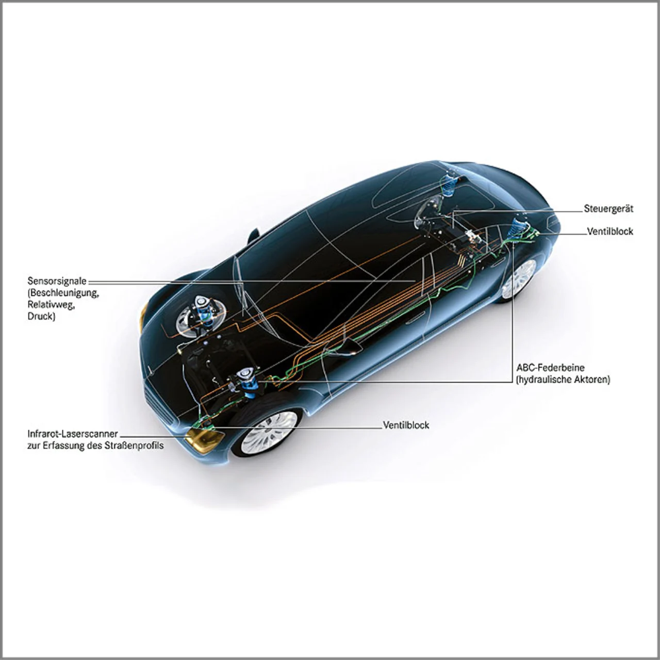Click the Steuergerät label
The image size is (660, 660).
(608, 209)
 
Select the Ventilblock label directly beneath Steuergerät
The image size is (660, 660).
(610, 232)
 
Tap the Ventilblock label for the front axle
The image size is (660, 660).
(406, 425)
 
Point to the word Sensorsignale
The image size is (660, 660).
(57, 282)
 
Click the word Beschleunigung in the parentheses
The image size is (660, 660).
(64, 293)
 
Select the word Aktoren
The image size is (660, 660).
(591, 379)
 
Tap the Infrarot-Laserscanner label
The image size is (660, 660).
(72, 434)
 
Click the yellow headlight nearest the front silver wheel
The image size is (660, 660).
(204, 439)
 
